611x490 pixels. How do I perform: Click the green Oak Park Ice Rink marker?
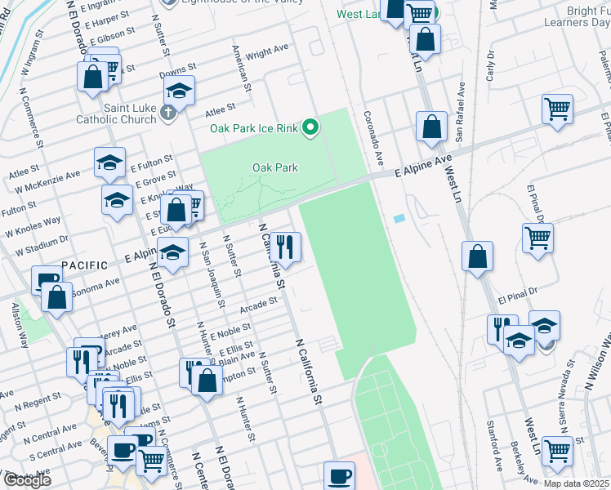[310, 127]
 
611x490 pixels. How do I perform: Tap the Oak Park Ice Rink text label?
[254, 128]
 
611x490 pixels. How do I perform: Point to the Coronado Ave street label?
[372, 136]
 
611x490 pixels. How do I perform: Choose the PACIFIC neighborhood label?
[85, 265]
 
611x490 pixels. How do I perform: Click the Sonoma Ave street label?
[95, 286]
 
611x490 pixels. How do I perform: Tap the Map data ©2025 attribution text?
[576, 483]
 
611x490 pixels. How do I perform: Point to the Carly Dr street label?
[491, 65]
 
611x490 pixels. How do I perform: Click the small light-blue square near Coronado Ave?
[398, 219]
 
